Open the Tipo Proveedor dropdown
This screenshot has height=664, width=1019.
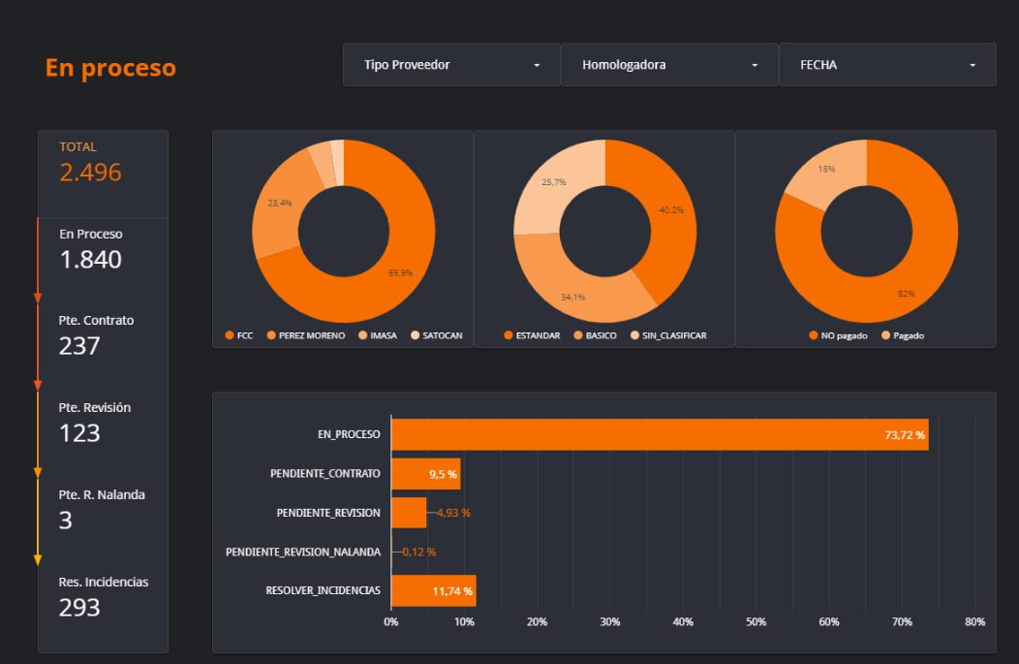450,65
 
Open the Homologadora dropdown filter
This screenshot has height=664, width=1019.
668,65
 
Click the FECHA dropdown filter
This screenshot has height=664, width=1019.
886,65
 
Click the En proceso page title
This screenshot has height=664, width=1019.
110,68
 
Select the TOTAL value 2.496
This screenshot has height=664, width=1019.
90,173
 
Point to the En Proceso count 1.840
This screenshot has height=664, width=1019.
90,260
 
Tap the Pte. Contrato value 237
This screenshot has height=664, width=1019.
79,346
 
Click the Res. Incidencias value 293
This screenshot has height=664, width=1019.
79,608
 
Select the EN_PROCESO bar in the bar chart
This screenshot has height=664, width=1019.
659,435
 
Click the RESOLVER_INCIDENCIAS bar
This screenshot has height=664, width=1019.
433,590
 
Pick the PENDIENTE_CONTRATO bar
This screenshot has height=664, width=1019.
425,474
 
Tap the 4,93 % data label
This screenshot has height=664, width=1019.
452,513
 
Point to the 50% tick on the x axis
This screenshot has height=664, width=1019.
756,622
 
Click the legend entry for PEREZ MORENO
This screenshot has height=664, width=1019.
311,335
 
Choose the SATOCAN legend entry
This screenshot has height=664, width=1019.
442,335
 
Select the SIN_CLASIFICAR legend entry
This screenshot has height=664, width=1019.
673,335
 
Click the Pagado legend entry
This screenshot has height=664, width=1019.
908,335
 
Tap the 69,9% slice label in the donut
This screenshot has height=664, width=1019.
400,273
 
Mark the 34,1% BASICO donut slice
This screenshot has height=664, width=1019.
572,296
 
